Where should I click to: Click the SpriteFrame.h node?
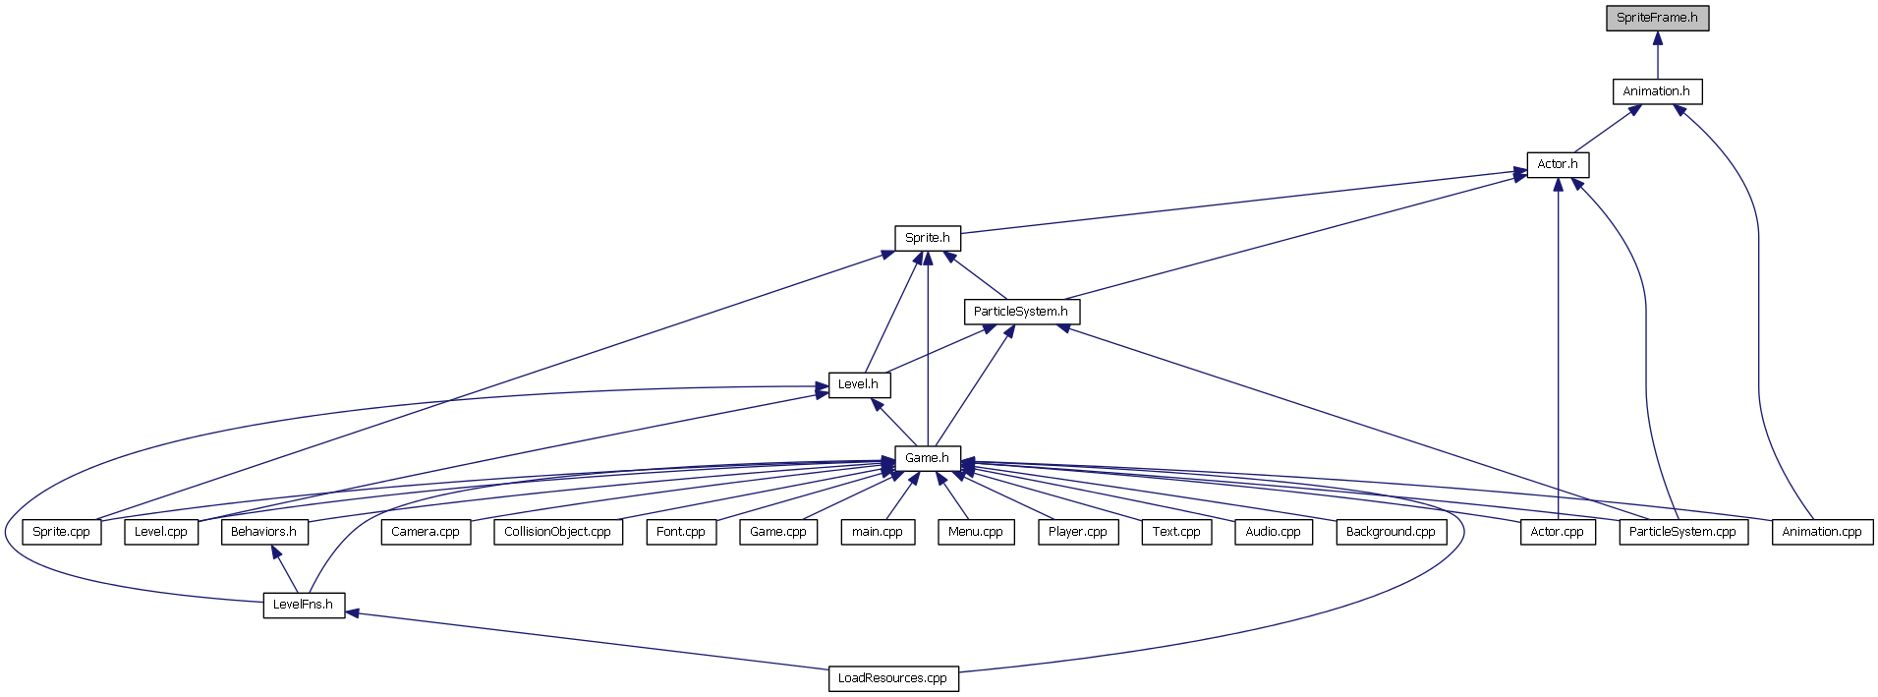[x=1657, y=18]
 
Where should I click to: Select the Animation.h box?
[x=1657, y=91]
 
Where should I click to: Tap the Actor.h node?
[x=1558, y=164]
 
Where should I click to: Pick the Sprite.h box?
[x=928, y=238]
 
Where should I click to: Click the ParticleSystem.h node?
[x=1021, y=312]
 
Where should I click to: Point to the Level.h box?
[x=859, y=384]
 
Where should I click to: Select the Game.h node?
[x=928, y=458]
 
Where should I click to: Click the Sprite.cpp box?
[x=62, y=532]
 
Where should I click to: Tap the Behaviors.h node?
[x=263, y=532]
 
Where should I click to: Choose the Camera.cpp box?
[x=426, y=532]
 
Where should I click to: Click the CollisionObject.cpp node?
[x=557, y=532]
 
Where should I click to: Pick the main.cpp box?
[x=878, y=532]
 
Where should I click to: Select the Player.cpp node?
[x=1078, y=532]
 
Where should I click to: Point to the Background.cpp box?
[x=1391, y=532]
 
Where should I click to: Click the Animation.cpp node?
[x=1822, y=532]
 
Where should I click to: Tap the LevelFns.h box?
[x=304, y=605]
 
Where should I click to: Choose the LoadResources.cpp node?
[x=893, y=678]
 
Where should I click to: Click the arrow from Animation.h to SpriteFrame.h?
[x=1657, y=55]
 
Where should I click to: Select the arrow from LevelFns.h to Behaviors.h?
[x=284, y=568]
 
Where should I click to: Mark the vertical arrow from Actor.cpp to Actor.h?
[x=1558, y=348]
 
